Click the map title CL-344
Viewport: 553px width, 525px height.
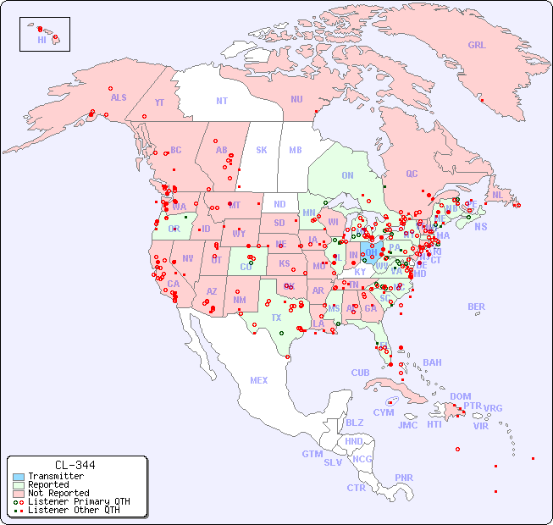(x=75, y=465)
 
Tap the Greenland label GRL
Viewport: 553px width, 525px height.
(x=477, y=46)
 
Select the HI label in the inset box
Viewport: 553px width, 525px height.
(x=41, y=40)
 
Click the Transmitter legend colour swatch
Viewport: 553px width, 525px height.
(x=19, y=477)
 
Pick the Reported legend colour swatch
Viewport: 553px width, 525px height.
(x=19, y=485)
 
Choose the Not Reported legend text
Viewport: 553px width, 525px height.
(x=58, y=493)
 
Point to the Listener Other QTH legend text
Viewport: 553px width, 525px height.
(x=74, y=510)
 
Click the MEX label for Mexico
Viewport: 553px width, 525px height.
(x=259, y=380)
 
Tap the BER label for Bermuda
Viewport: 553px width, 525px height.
(x=477, y=307)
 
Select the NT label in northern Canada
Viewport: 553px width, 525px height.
(x=222, y=100)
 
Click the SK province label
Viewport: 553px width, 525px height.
(x=262, y=150)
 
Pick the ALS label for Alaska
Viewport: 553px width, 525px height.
(x=119, y=97)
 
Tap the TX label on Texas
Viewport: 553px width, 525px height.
(x=276, y=318)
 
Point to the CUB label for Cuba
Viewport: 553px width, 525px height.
(x=361, y=373)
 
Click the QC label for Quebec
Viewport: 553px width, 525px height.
(x=412, y=174)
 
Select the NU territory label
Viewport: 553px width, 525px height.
(x=296, y=99)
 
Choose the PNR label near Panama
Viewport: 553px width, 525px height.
(x=404, y=478)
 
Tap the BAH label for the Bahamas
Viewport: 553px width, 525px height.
(x=432, y=362)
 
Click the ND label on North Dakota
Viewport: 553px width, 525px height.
(x=279, y=204)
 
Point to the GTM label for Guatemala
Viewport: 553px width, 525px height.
(x=312, y=454)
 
